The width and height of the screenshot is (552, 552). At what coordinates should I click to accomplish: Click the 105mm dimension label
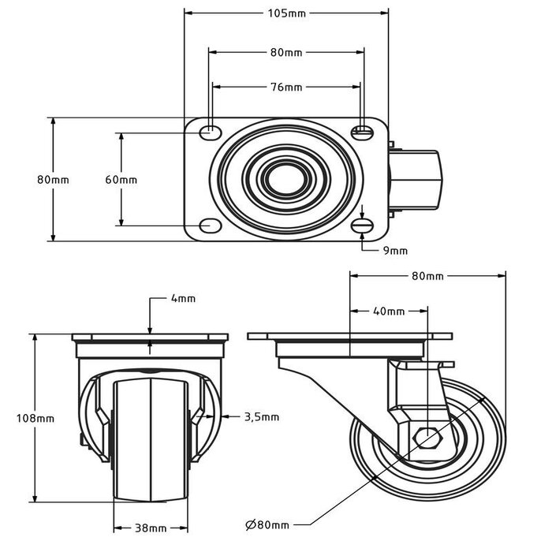click(x=285, y=13)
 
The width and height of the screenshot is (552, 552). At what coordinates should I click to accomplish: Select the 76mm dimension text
click(x=285, y=87)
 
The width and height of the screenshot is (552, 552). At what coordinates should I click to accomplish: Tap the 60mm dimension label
click(x=121, y=179)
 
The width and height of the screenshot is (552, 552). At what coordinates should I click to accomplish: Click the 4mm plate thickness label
click(x=182, y=299)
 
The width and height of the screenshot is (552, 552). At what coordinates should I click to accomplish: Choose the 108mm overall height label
click(x=35, y=417)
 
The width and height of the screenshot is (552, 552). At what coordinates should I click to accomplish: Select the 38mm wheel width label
click(x=150, y=528)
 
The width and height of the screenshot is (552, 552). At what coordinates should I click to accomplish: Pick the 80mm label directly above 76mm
click(x=285, y=53)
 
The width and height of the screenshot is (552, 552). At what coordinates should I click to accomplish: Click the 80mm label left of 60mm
click(x=53, y=179)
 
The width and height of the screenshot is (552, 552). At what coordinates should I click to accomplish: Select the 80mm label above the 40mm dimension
click(x=427, y=276)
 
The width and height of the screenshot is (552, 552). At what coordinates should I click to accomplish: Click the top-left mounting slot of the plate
click(x=210, y=131)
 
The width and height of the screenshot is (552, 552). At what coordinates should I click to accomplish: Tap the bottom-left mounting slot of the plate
click(x=210, y=226)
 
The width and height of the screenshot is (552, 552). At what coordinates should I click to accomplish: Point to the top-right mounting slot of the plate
click(x=363, y=131)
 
